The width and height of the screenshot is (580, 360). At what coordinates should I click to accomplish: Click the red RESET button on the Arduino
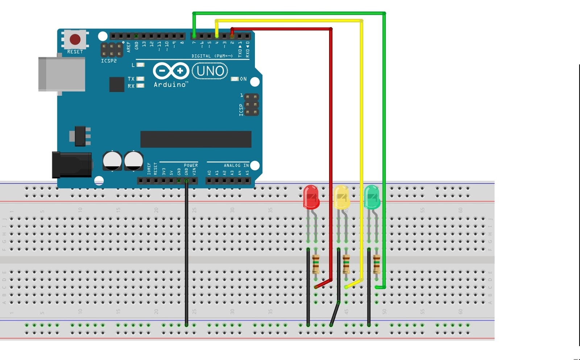pos(75,39)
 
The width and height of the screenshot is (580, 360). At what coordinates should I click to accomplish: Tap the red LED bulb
pos(311,197)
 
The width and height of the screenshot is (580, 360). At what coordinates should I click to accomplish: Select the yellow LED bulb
pos(341,197)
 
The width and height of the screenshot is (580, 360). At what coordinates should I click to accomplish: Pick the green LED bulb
pos(372,197)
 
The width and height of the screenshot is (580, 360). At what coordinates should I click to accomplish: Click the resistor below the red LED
pos(316,264)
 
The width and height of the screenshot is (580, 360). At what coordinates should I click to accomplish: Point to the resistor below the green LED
pos(377,264)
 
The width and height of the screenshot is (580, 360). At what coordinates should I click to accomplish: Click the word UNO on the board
pos(210,71)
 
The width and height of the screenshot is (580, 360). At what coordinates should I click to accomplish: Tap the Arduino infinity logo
pos(171,71)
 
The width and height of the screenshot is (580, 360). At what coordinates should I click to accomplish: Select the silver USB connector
pos(62,74)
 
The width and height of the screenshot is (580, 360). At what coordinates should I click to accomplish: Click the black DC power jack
pos(72,165)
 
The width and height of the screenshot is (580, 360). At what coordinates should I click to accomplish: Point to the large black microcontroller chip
pos(196,139)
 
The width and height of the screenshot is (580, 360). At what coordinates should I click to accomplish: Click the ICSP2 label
pos(109,61)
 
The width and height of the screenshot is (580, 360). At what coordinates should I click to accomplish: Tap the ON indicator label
pos(243,79)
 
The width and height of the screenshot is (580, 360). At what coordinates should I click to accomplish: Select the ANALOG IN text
pos(236,165)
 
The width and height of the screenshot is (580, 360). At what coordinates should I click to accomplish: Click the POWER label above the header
pos(191,165)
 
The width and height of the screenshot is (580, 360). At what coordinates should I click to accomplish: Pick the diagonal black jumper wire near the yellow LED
pos(335,314)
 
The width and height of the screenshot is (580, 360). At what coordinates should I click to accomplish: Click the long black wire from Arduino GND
pos(186,254)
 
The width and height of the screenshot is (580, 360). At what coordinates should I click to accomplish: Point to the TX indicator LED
pos(140,79)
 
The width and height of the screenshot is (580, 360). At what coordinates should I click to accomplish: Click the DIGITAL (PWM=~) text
pos(212,56)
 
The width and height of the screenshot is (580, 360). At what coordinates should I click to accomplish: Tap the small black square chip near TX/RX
pos(117,84)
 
